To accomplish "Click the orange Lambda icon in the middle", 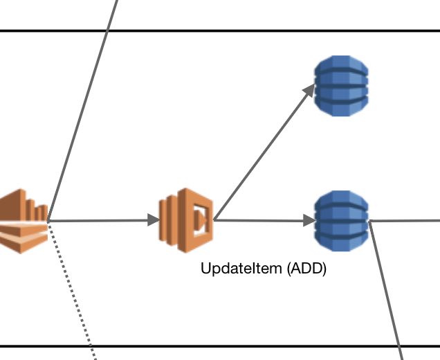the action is [x=186, y=220].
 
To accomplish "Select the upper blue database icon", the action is [x=341, y=86].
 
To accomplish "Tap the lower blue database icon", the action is [x=341, y=221].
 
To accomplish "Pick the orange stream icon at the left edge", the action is [x=24, y=222].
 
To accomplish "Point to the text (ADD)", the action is [x=306, y=269].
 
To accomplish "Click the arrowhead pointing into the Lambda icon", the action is [x=154, y=220].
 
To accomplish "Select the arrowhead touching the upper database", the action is [x=309, y=90].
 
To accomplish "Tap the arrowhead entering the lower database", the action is [x=309, y=221].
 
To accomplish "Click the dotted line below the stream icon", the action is [x=72, y=291].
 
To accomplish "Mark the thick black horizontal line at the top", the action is [x=220, y=30].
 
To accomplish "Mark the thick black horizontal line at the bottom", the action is [x=220, y=346].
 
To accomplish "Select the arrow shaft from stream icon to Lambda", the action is [x=98, y=221].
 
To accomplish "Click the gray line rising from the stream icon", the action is [x=82, y=110].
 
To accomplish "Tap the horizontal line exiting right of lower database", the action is [x=404, y=221].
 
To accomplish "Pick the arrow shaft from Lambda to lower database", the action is [x=259, y=220].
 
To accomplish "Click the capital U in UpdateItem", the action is [x=205, y=268].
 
